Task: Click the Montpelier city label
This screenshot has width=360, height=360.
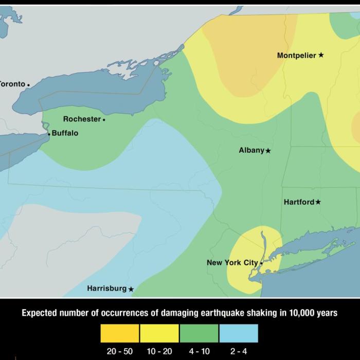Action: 296,55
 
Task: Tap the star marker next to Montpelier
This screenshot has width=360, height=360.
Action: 321,55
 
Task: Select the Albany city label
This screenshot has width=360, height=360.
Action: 251,150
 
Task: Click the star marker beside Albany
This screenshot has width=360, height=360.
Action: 268,151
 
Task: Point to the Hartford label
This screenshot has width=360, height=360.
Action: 299,202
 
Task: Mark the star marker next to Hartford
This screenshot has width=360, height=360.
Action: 318,202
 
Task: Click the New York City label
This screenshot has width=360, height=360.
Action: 232,263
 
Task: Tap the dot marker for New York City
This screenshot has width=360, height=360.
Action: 261,263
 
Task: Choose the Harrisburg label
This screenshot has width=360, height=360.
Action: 106,289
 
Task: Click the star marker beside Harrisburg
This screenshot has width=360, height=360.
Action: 131,289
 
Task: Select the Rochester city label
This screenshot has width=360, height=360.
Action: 82,119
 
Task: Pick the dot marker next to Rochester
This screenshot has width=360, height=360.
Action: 104,120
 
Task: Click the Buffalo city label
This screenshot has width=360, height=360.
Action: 65,133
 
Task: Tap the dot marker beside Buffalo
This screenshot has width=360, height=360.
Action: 49,134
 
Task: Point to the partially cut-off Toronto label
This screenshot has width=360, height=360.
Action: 12,84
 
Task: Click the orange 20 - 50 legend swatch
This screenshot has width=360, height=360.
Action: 119,333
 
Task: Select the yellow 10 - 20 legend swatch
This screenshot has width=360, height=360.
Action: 159,333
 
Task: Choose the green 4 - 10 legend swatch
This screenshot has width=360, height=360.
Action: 199,333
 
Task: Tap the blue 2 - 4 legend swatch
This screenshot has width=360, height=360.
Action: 239,333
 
